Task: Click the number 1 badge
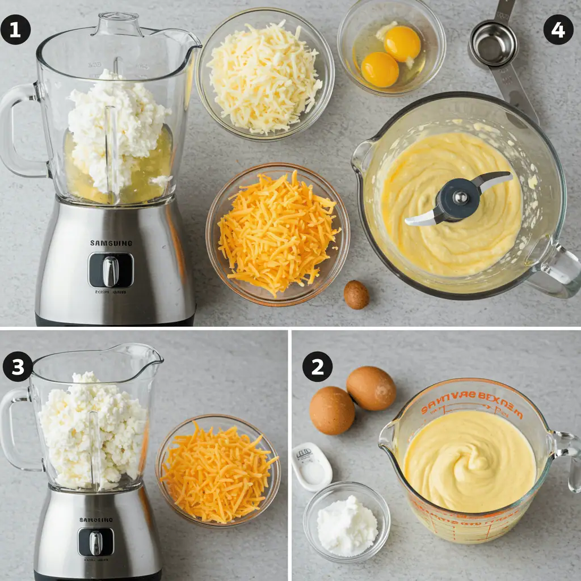[15, 30]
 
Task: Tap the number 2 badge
[317, 367]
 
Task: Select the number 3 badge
[18, 367]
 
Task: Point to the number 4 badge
[558, 30]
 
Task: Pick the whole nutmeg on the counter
[356, 295]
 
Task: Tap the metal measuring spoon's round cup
[494, 44]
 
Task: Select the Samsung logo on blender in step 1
[111, 243]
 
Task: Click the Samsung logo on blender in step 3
[96, 519]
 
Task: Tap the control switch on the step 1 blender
[111, 271]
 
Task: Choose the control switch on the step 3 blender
[96, 542]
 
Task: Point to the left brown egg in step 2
[332, 410]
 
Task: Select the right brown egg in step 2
[371, 388]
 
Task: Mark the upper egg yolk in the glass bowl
[402, 44]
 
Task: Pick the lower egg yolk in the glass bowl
[380, 70]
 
